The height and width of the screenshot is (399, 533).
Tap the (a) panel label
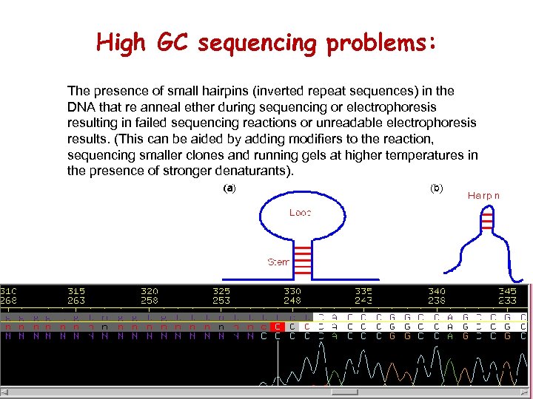click(x=229, y=188)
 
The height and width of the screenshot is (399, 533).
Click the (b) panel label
click(x=437, y=188)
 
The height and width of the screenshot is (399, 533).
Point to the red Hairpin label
click(x=483, y=196)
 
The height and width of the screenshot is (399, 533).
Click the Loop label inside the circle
click(x=300, y=213)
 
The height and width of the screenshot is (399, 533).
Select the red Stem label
click(x=278, y=262)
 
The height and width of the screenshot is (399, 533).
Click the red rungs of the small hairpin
click(x=486, y=219)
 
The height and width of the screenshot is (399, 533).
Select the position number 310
click(x=10, y=292)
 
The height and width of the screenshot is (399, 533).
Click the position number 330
click(x=292, y=292)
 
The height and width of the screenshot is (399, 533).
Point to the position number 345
click(x=507, y=292)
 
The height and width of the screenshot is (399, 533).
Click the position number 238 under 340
click(x=437, y=301)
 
